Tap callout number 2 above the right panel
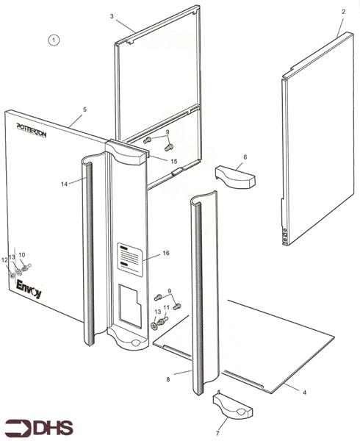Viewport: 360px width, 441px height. (343, 13)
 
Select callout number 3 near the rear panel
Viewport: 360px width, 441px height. (112, 16)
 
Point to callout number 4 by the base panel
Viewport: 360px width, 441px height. (304, 392)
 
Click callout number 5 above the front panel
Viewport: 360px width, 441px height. (84, 110)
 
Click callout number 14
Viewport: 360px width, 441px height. (64, 185)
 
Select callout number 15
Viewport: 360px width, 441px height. (173, 161)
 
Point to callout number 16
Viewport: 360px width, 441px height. (166, 253)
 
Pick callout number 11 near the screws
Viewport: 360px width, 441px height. (166, 308)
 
